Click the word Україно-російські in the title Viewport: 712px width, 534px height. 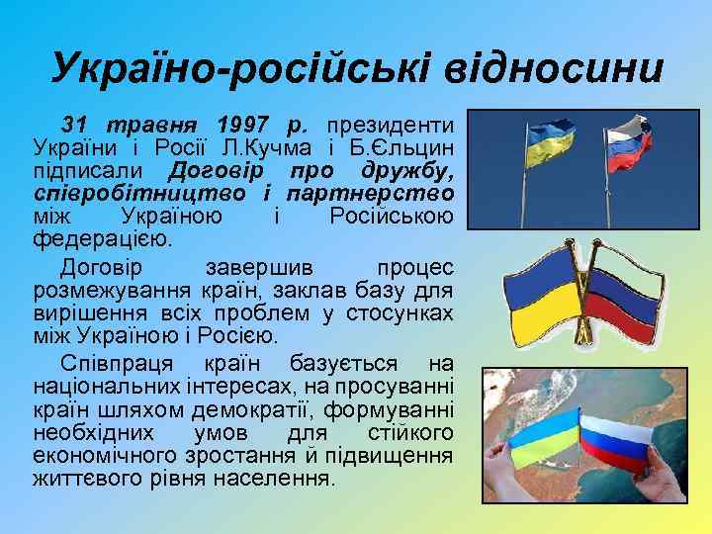(218, 70)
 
